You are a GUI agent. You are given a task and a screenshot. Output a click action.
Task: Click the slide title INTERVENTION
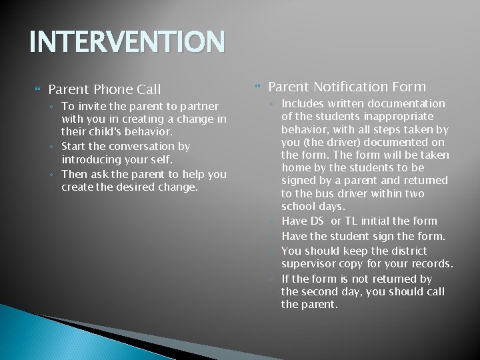(127, 42)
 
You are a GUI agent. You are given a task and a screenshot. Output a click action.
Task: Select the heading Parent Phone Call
(105, 89)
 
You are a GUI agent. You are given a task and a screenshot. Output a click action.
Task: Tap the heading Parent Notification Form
(347, 87)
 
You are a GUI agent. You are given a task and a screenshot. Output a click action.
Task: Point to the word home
(295, 168)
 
